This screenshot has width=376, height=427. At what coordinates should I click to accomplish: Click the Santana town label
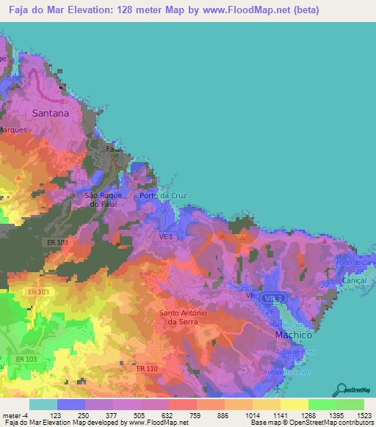coord(50,114)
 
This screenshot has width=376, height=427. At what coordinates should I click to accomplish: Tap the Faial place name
coord(114,148)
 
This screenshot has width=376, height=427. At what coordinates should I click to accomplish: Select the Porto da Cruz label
coord(160,196)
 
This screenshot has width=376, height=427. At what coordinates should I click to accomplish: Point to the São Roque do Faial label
coord(101,200)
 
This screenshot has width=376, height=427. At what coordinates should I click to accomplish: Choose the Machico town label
coord(294,335)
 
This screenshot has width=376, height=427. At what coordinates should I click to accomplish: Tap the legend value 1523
coord(350,415)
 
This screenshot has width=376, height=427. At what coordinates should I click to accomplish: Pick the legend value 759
coord(183,415)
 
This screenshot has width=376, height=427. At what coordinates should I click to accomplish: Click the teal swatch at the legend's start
coord(43,404)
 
